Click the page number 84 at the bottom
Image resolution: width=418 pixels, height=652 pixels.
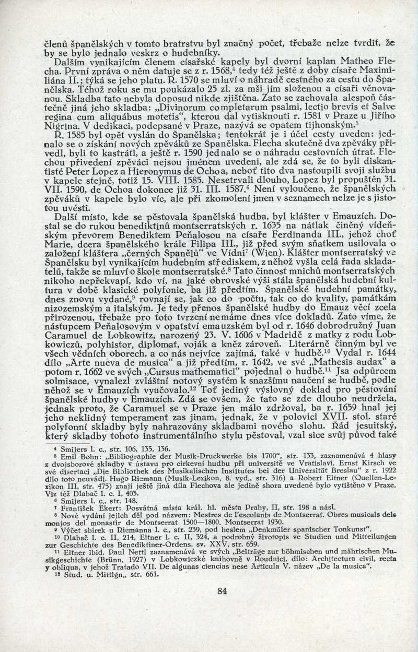point(222,591)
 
